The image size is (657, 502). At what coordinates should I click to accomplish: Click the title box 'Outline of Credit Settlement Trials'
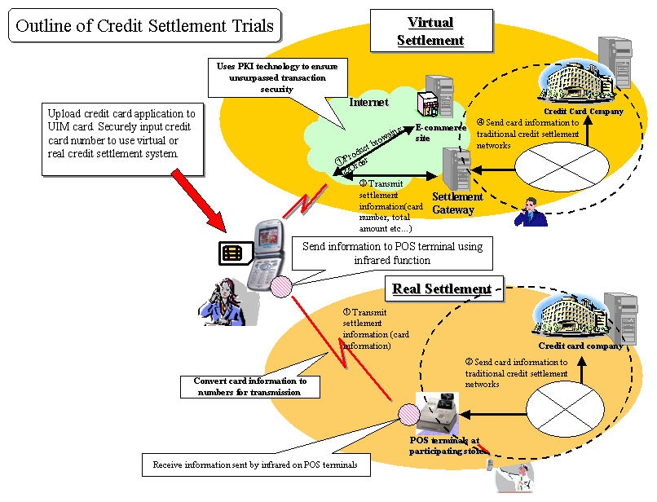tap(145, 26)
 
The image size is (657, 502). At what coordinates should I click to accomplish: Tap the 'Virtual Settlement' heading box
tap(430, 31)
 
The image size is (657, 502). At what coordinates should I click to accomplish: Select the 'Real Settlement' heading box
tap(441, 288)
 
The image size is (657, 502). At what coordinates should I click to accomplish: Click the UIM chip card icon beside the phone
tap(233, 253)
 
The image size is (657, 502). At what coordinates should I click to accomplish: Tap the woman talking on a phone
tap(219, 300)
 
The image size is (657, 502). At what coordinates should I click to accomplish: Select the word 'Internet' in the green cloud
tap(368, 103)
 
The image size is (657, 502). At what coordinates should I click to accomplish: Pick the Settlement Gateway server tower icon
tap(454, 169)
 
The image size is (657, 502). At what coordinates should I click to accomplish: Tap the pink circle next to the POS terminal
tap(408, 416)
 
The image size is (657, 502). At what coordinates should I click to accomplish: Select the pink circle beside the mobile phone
tap(281, 286)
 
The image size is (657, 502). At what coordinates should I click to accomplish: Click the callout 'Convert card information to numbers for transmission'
tap(250, 386)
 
